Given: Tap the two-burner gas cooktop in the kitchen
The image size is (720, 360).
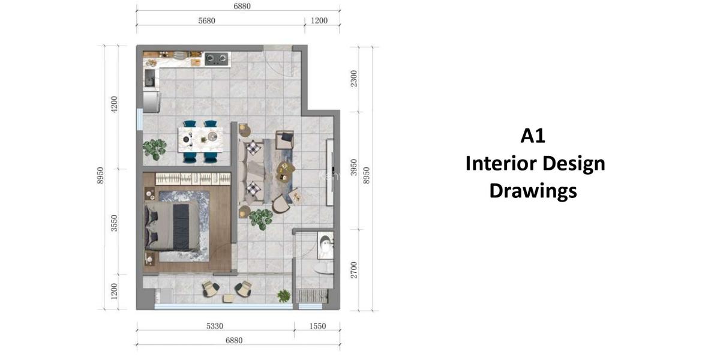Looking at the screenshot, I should click(217, 59).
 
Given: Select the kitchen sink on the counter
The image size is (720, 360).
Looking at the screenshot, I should click(149, 77).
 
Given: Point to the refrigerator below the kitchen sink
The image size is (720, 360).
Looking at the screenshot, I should click(151, 101).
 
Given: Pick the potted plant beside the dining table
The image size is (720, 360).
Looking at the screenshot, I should click(155, 148).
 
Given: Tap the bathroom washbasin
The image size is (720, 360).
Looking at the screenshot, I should click(325, 245).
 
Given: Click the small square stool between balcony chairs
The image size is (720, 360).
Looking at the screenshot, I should click(227, 298).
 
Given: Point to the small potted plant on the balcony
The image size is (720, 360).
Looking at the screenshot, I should click(283, 295).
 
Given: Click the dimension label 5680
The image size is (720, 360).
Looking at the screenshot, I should click(206, 20).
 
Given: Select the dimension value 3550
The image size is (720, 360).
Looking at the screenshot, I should click(114, 223).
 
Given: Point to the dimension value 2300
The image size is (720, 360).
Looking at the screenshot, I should click(355, 79).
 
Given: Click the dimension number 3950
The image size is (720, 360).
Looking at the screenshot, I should click(355, 169).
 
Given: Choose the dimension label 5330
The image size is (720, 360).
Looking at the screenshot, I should click(215, 326).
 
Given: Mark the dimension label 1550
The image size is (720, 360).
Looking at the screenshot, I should click(317, 326).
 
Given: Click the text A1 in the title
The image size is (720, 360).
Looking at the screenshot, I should click(533, 136).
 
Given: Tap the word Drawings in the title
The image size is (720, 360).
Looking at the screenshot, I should click(533, 190).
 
